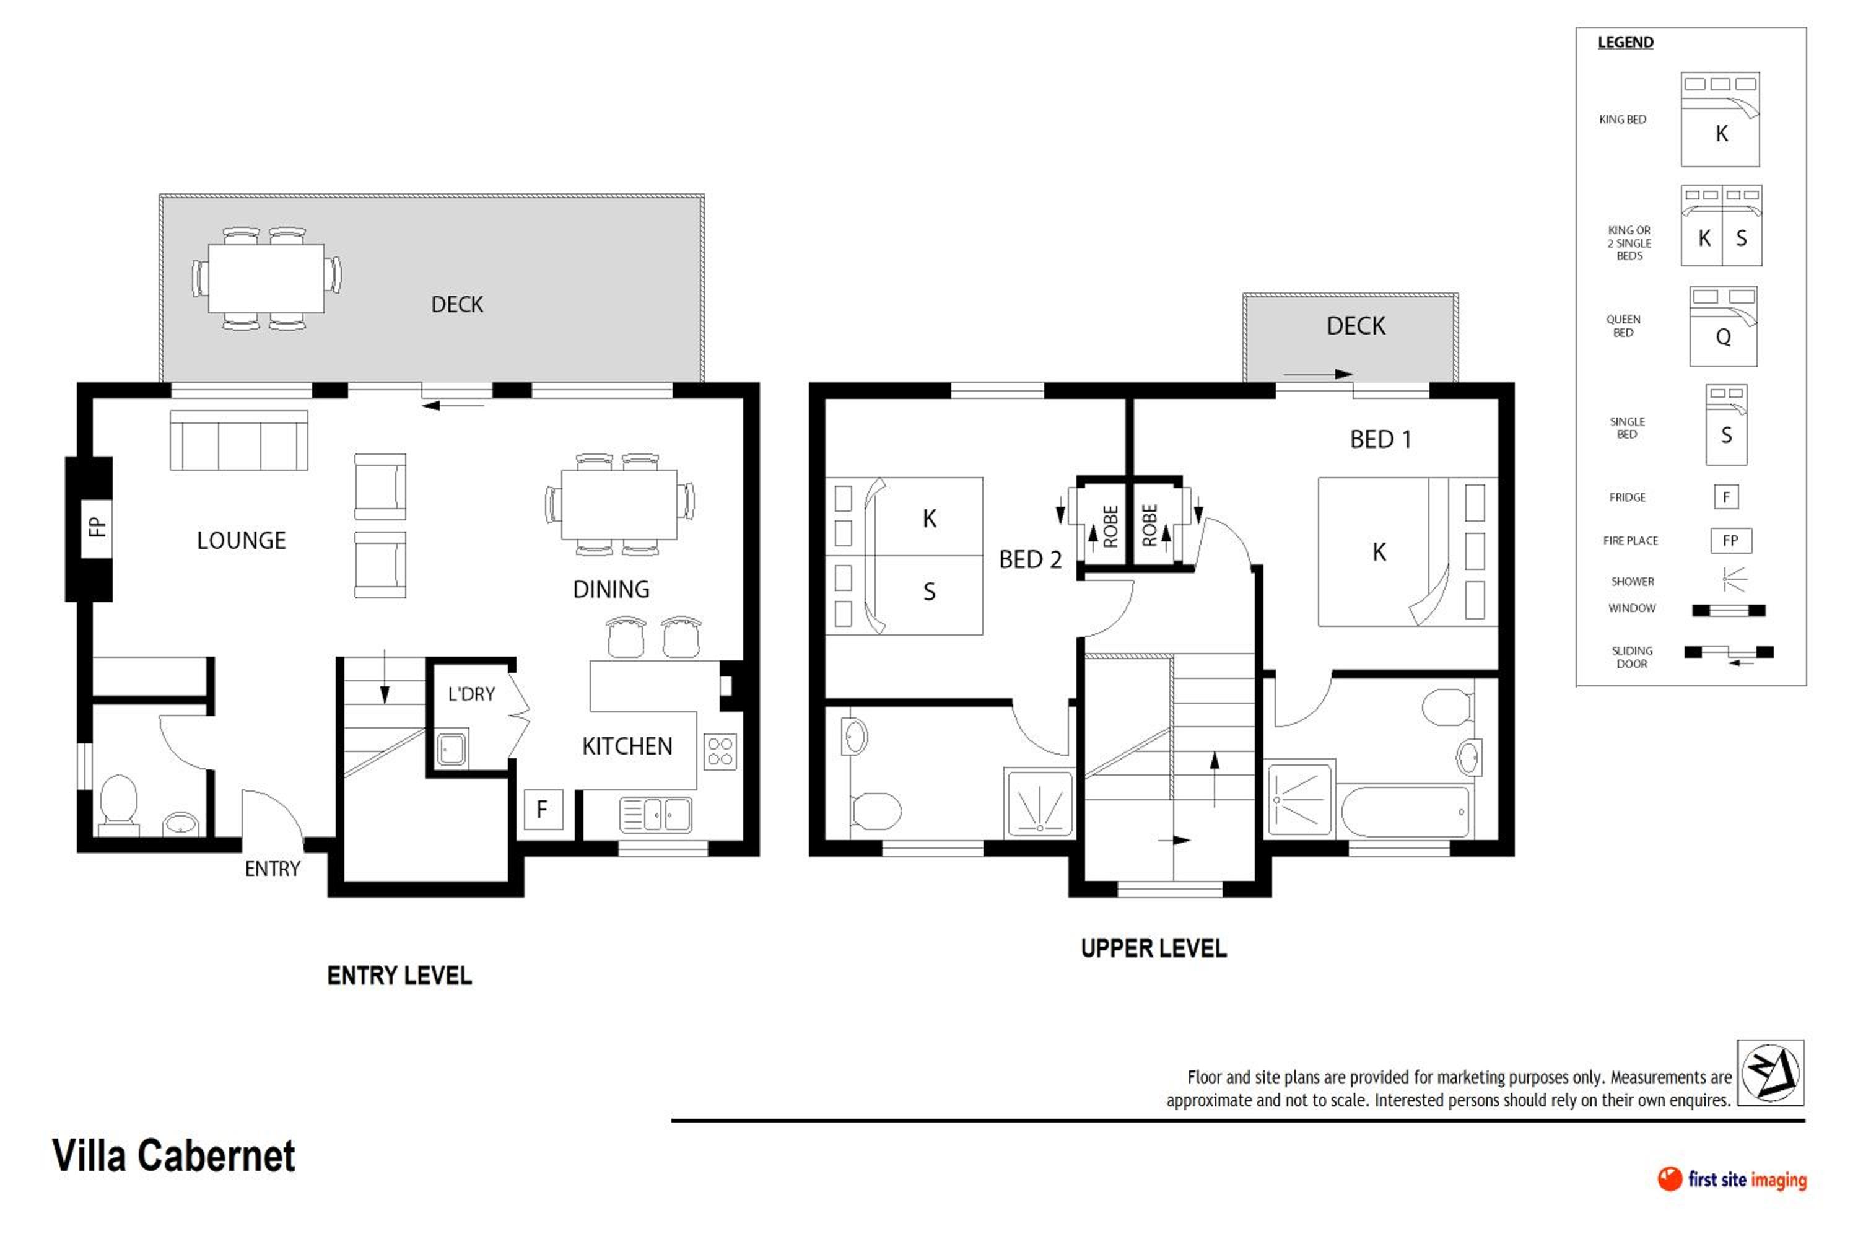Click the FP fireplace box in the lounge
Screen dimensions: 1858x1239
coord(97,528)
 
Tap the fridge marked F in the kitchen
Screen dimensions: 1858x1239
coord(544,810)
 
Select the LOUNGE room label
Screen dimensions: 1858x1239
coord(242,541)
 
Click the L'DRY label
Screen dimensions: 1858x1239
coord(471,694)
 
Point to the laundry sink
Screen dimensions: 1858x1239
coord(452,748)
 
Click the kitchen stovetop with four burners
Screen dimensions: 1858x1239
coord(720,751)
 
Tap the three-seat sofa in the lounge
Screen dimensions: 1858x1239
coord(238,440)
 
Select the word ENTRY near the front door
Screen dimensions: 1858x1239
coord(273,869)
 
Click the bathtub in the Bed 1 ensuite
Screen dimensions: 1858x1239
coord(1405,811)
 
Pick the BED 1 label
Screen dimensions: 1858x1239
coord(1381,439)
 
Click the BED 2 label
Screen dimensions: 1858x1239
coord(1031,559)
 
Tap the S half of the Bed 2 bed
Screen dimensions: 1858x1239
coord(904,595)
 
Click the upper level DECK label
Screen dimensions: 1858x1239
coord(1356,326)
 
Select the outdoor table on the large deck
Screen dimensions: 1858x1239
coord(266,279)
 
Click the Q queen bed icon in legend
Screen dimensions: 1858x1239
coord(1723,326)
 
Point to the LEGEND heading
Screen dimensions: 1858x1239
coord(1626,43)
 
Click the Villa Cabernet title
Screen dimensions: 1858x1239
coord(174,1156)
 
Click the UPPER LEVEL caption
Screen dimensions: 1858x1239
coord(1154,949)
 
